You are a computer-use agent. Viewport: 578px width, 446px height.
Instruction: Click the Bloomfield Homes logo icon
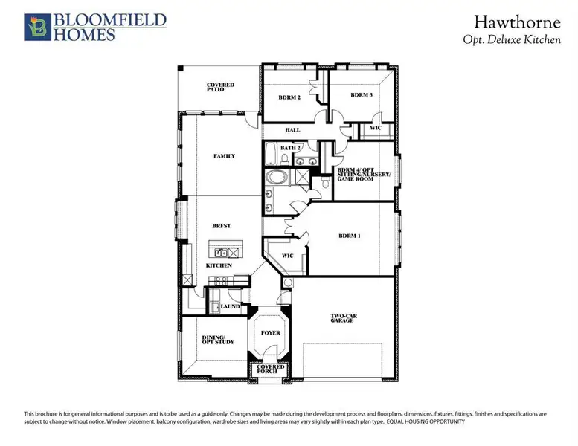click(x=38, y=28)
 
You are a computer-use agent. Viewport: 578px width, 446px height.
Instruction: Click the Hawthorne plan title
click(x=517, y=22)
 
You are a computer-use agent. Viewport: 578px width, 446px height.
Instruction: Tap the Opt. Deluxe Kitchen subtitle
click(x=512, y=39)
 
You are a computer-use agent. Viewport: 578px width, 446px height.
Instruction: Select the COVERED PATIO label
click(x=220, y=87)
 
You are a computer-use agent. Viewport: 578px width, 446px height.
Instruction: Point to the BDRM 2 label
click(x=289, y=97)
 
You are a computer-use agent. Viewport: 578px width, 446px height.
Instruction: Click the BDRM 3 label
click(x=362, y=94)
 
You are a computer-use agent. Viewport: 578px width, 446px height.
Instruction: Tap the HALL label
click(x=292, y=129)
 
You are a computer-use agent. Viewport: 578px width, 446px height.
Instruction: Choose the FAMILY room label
click(x=224, y=156)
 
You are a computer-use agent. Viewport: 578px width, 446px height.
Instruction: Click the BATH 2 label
click(x=290, y=148)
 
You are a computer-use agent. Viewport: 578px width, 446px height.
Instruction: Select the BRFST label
click(x=222, y=226)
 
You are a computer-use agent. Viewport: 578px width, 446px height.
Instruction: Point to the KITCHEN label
click(x=219, y=265)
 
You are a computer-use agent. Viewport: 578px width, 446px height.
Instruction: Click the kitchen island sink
click(x=221, y=253)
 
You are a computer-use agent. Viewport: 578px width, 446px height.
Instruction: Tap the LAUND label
click(x=230, y=306)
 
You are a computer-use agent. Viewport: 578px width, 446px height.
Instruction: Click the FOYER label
click(x=271, y=332)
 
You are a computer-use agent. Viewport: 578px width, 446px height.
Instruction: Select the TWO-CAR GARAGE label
click(x=344, y=318)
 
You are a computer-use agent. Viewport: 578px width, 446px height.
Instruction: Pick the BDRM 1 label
click(x=350, y=236)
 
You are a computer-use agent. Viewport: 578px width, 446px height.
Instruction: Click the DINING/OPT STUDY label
click(x=218, y=340)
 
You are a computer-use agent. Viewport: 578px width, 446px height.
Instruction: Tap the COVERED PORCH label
click(x=270, y=369)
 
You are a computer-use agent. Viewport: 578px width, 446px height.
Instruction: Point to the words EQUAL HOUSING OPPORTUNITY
click(x=426, y=421)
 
